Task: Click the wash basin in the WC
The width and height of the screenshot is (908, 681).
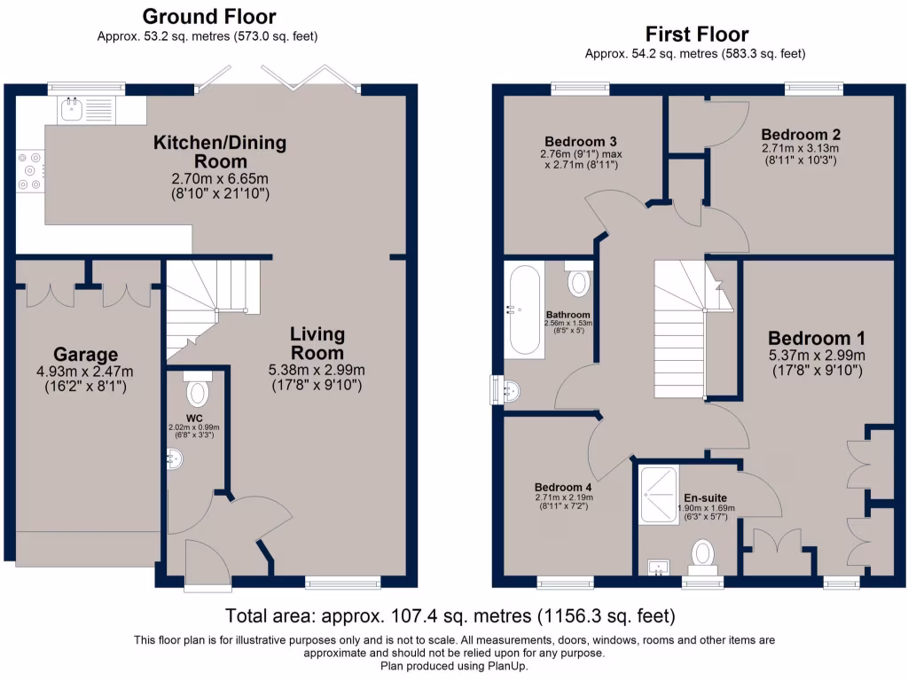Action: [175, 458]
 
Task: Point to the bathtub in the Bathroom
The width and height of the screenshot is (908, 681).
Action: [522, 309]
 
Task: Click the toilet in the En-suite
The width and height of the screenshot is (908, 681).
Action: [703, 554]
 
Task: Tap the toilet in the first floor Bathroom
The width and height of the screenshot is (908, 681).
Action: [578, 279]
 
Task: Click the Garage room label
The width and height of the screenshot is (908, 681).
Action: [72, 355]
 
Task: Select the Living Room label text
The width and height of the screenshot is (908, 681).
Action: [317, 342]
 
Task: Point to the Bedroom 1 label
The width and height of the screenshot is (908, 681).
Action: [816, 338]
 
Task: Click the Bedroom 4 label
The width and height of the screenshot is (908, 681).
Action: [562, 487]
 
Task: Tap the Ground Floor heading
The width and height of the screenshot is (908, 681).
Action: [208, 17]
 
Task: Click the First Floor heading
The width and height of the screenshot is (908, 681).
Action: [696, 35]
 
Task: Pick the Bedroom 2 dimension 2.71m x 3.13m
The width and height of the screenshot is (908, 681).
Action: [799, 148]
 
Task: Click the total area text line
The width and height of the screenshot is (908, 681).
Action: [450, 615]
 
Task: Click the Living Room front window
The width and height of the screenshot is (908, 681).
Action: [342, 583]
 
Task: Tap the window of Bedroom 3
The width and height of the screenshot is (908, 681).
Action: [580, 88]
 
